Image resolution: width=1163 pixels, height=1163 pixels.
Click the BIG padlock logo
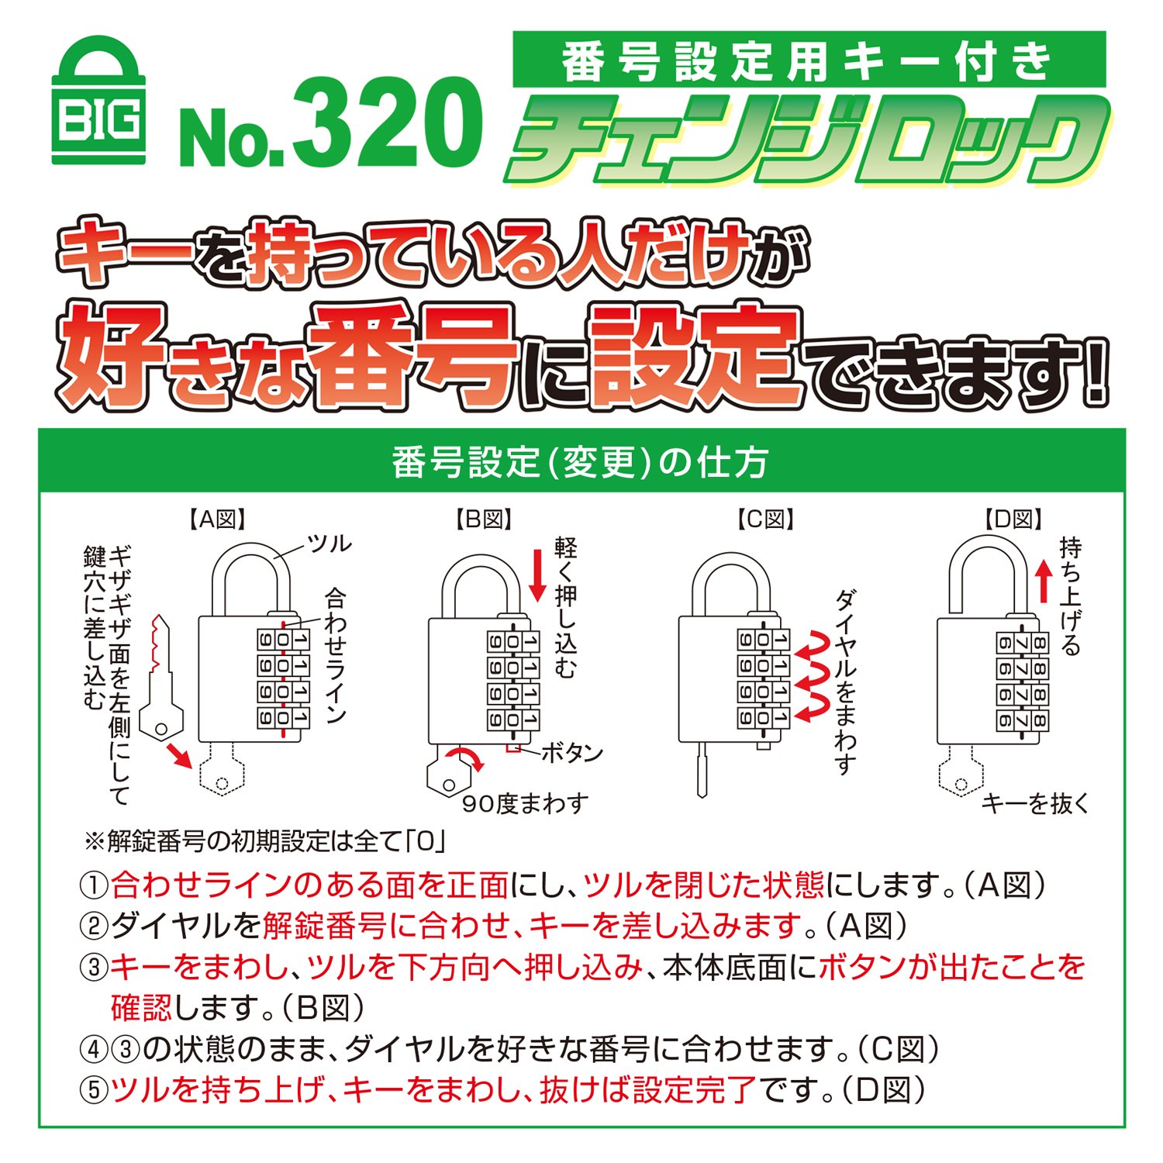[x=98, y=101]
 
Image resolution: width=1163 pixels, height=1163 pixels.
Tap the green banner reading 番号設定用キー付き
[x=809, y=60]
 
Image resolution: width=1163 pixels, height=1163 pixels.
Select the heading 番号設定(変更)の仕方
[x=580, y=462]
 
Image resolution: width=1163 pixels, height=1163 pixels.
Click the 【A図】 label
[x=219, y=519]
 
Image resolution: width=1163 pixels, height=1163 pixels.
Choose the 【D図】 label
[x=1013, y=519]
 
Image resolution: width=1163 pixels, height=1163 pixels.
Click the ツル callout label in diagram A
[x=330, y=544]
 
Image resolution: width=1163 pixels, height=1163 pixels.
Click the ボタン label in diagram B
[x=571, y=753]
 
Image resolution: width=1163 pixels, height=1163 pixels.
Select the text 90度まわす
[x=526, y=804]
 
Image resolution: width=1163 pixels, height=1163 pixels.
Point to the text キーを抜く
[x=1036, y=804]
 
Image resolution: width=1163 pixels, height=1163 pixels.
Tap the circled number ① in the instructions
[x=94, y=885]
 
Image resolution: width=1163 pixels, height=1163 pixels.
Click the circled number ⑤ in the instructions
[x=94, y=1090]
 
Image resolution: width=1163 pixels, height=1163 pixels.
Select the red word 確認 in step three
[x=142, y=1007]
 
